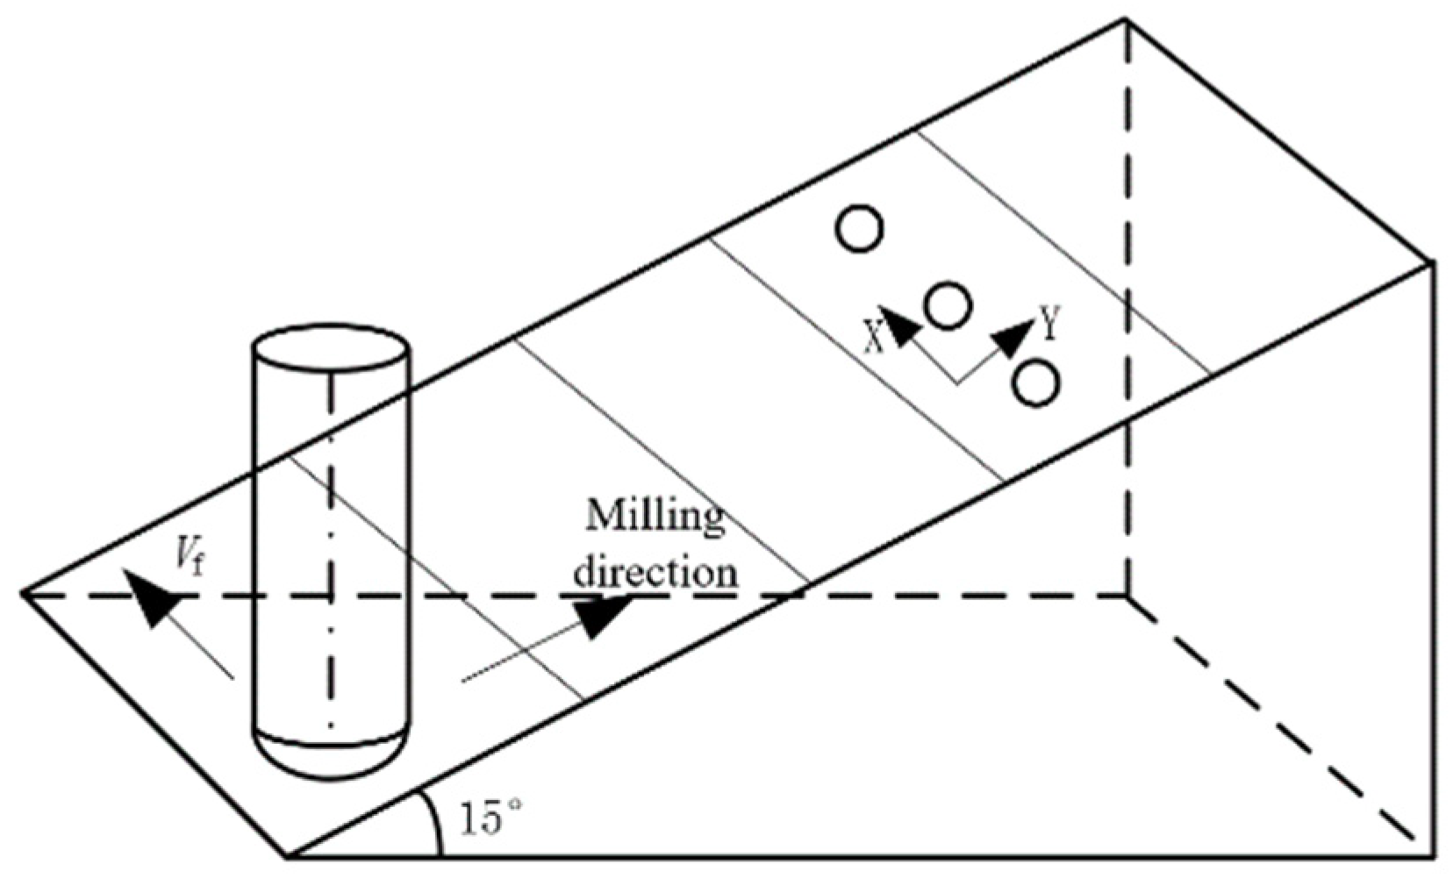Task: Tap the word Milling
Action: pyautogui.click(x=655, y=518)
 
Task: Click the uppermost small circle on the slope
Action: pyautogui.click(x=860, y=229)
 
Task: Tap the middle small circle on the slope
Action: pyautogui.click(x=948, y=305)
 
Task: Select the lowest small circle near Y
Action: pyautogui.click(x=1035, y=383)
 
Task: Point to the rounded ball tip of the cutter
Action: pyautogui.click(x=331, y=756)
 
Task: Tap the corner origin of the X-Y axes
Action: pyautogui.click(x=957, y=382)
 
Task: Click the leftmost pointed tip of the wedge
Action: pyautogui.click(x=23, y=594)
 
